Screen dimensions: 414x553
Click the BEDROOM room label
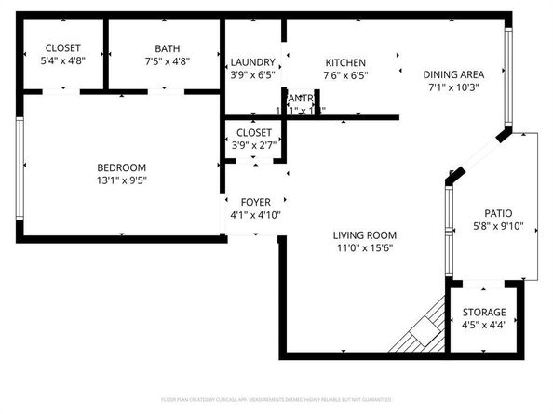[x=122, y=167]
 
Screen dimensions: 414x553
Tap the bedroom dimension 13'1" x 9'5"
[x=122, y=181]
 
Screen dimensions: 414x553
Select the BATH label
[x=168, y=48]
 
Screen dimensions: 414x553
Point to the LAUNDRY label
[x=252, y=61]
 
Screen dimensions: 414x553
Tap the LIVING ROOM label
[x=366, y=234]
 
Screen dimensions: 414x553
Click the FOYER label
[x=255, y=202]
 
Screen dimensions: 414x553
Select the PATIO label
[x=498, y=213]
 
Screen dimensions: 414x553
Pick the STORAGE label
[x=484, y=313]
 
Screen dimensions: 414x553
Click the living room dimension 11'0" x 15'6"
[x=366, y=248]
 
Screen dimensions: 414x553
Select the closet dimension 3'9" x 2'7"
[x=253, y=146]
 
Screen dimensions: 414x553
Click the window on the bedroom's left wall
[x=20, y=168]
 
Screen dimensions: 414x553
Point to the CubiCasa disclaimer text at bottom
[x=276, y=399]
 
